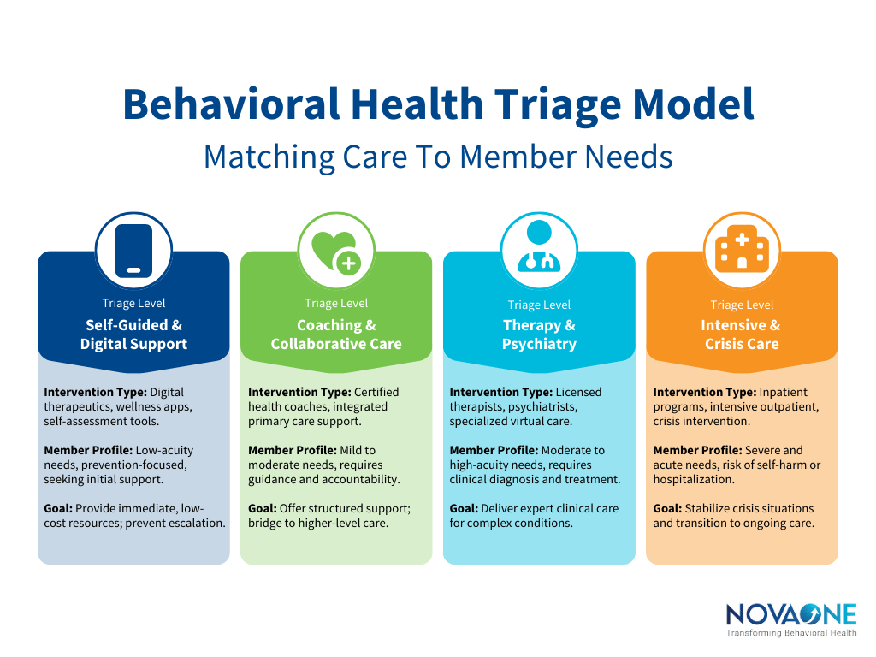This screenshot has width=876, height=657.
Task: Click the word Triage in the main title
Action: (562, 104)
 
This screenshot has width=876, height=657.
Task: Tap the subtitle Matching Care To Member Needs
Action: (438, 157)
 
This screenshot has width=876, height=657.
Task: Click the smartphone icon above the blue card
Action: (133, 251)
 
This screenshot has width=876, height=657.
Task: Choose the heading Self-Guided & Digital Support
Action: (133, 334)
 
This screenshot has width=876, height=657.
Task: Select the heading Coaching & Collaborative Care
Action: (336, 334)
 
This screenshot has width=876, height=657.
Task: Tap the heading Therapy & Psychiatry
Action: (539, 334)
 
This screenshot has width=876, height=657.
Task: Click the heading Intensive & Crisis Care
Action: (742, 334)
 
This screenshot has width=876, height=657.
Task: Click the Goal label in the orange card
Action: (667, 508)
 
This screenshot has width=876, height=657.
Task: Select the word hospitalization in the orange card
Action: (694, 479)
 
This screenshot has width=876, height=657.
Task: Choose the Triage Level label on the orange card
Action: (742, 305)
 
